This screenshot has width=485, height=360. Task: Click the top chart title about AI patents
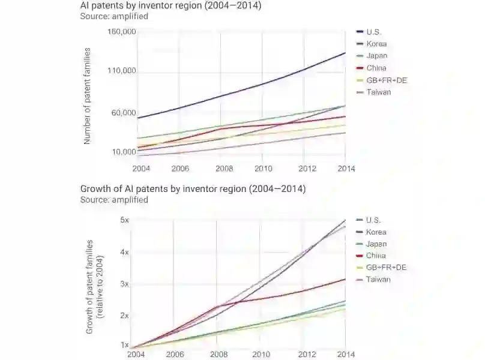(x=170, y=6)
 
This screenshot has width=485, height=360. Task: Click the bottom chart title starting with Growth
(x=193, y=189)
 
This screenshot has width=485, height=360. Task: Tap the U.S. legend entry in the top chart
(x=373, y=32)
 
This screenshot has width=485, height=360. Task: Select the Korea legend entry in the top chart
(x=376, y=44)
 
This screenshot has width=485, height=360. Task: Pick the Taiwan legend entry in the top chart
(x=378, y=92)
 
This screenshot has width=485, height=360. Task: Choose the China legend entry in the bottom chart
(x=376, y=256)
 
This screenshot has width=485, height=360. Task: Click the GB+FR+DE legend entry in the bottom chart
(x=386, y=268)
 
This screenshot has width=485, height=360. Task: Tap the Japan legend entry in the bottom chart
(x=376, y=244)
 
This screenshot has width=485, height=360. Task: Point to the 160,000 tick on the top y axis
(x=122, y=31)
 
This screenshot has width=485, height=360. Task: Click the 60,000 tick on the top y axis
(x=124, y=113)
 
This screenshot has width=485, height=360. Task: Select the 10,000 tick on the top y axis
(x=124, y=152)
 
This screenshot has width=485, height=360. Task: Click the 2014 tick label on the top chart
(x=346, y=169)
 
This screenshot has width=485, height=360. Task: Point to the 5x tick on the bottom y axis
(x=125, y=220)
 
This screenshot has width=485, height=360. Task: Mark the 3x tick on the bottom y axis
(x=125, y=283)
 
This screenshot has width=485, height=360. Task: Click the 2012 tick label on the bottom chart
(x=307, y=355)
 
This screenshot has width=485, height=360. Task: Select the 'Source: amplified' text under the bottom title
(x=114, y=200)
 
